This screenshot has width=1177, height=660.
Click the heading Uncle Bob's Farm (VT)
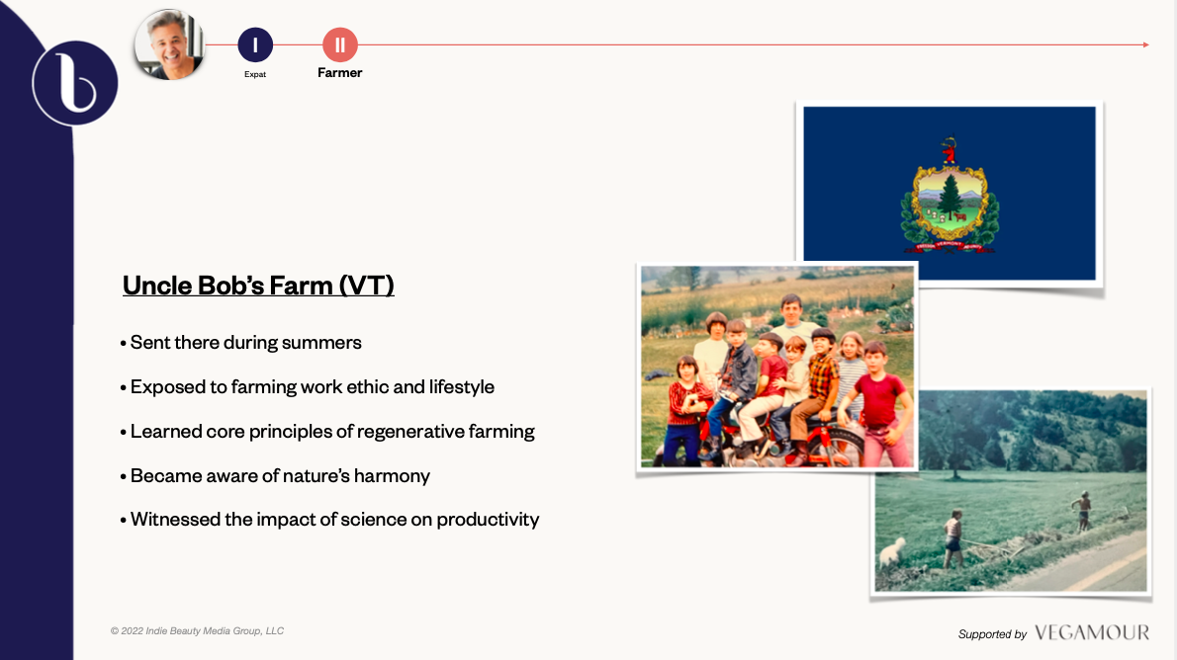coord(258,286)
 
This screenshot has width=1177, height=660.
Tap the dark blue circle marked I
coord(255,45)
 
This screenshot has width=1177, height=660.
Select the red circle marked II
coord(340,45)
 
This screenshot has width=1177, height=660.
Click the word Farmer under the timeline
coord(340,73)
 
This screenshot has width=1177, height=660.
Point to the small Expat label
coord(255,74)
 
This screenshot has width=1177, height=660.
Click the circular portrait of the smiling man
coord(170,44)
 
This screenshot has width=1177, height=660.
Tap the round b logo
coord(75,83)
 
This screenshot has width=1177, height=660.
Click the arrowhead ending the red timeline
coord(1146,45)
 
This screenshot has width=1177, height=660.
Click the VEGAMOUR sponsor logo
coord(1091,633)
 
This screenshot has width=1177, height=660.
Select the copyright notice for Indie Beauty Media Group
coord(198,630)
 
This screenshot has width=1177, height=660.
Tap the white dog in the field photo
coord(892,552)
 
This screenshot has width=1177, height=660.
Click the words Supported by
coord(992,634)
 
